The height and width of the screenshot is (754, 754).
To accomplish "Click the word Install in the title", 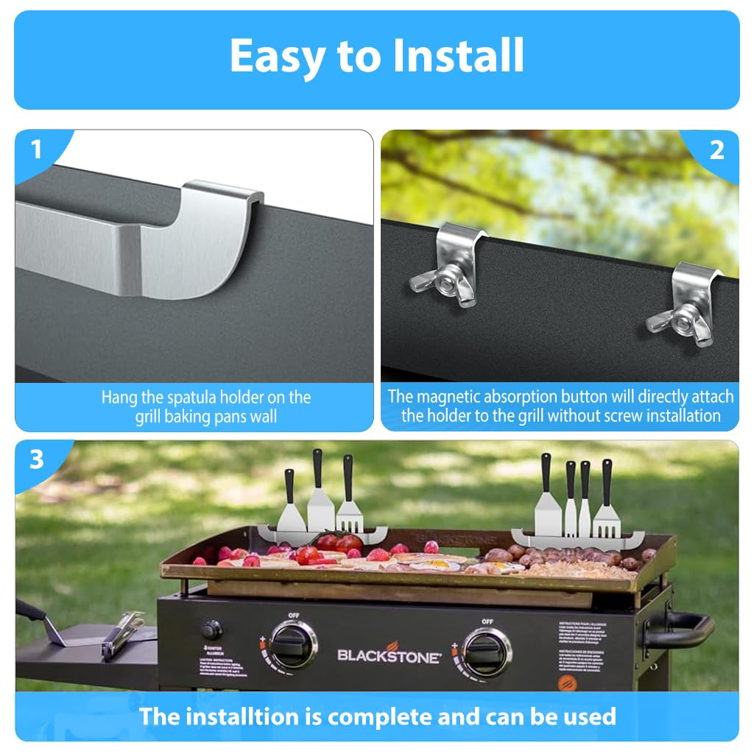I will tap(450, 56).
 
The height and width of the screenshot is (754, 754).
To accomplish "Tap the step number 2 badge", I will tap(716, 150).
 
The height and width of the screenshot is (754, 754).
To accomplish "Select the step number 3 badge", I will tap(36, 460).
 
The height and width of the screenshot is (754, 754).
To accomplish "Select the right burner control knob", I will tap(486, 651).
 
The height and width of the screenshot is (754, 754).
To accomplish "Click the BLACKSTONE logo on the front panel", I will tap(390, 655).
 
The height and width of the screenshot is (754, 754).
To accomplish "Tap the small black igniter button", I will tap(212, 630).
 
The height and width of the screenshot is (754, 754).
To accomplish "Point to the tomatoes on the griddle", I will tap(339, 543).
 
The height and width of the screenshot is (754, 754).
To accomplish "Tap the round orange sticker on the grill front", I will tap(565, 682).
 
